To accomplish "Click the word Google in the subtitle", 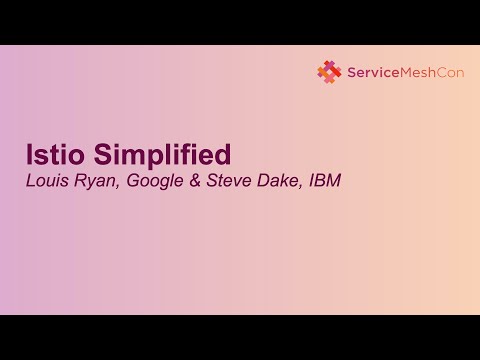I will [x=154, y=183].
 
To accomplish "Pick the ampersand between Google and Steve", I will [x=194, y=183].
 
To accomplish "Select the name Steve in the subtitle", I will [x=226, y=183].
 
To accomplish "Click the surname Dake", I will [x=275, y=183].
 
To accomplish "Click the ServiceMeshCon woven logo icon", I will [x=329, y=71].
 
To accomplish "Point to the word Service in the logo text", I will [x=369, y=71].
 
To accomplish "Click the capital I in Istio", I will [x=29, y=156].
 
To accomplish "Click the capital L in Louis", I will [x=30, y=183].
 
